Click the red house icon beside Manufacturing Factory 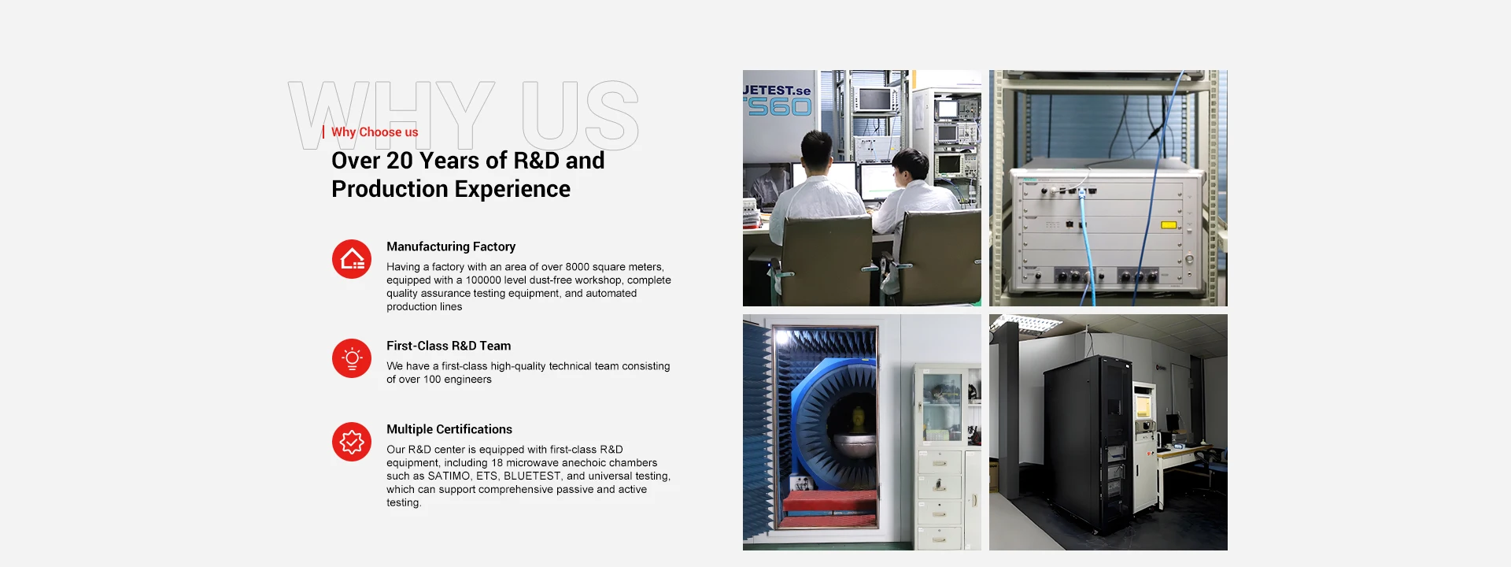[x=352, y=259]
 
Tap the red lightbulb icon [x=352, y=358]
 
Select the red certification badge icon [x=352, y=442]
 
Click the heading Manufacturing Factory [x=451, y=246]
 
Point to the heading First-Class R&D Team [x=449, y=346]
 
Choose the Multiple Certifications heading [x=449, y=429]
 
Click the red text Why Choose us [x=375, y=132]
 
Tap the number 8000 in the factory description [x=577, y=267]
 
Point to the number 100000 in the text [x=483, y=280]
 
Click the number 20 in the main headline [x=400, y=161]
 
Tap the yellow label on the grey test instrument [x=1169, y=225]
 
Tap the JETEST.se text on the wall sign [x=777, y=91]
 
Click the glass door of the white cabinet [x=942, y=406]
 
